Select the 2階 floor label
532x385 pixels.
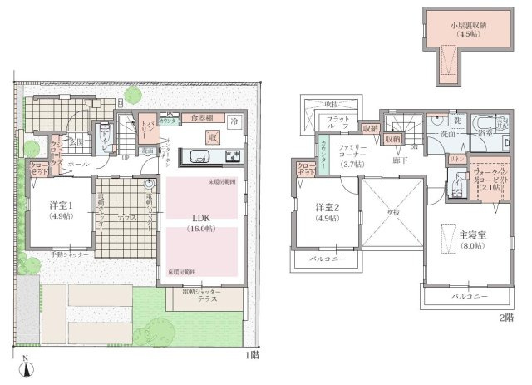pos(505,318)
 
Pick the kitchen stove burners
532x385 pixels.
pos(230,156)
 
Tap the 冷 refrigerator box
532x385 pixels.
pos(235,119)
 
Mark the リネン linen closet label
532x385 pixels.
pos(456,157)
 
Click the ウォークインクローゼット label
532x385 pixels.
pos(486,178)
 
